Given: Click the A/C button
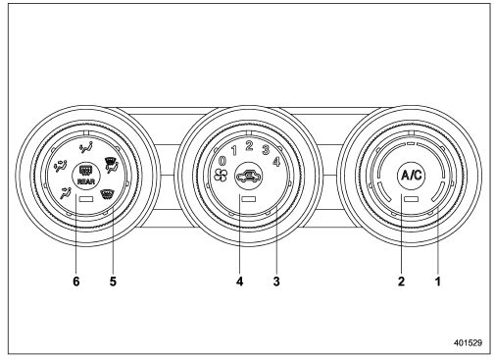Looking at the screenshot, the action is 412,176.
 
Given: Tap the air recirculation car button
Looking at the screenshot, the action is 249,177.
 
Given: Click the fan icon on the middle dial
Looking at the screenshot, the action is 221,176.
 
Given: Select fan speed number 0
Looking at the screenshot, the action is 223,161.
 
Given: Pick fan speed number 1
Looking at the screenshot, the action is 234,151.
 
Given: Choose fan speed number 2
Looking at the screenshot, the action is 249,146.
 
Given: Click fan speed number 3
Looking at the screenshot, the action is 266,150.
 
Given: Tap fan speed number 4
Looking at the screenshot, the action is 276,162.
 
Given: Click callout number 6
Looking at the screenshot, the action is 76,281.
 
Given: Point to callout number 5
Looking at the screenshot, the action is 113,281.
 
